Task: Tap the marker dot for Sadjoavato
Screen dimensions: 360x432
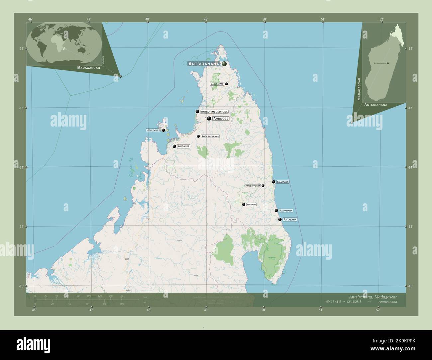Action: (x=226, y=84)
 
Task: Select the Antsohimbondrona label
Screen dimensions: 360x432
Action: (x=214, y=112)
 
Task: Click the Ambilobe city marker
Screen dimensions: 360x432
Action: (x=209, y=118)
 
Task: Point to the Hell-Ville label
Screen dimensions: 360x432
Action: (x=153, y=131)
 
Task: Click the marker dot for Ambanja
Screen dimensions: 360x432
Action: (x=174, y=146)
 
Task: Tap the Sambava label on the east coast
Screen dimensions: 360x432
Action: (x=283, y=182)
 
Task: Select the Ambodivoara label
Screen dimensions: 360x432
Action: (x=253, y=186)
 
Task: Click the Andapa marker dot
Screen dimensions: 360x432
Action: (x=244, y=205)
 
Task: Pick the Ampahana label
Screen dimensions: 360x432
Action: (x=286, y=211)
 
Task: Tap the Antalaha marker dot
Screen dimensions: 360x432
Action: (x=280, y=219)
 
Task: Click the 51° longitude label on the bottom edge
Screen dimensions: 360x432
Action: (x=321, y=310)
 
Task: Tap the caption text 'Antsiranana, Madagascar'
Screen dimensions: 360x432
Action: (x=373, y=297)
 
